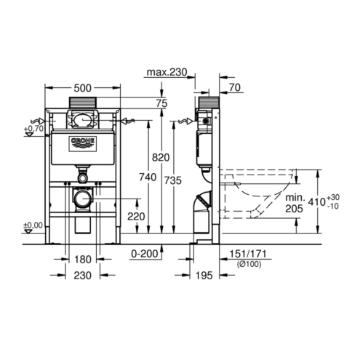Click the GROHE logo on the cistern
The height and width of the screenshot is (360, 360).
coord(83,144)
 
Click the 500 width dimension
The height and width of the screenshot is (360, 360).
coord(82,88)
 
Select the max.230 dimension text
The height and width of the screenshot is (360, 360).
coord(167,72)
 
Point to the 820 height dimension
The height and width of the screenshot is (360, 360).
coord(161,158)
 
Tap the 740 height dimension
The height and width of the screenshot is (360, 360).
coord(148,177)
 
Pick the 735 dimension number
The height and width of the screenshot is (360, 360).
coord(173,180)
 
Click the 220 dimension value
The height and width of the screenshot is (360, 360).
coord(136,217)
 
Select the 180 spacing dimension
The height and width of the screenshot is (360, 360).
coord(83,260)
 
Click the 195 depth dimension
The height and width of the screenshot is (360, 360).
coord(204,276)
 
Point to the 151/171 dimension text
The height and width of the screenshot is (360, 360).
coord(248,254)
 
